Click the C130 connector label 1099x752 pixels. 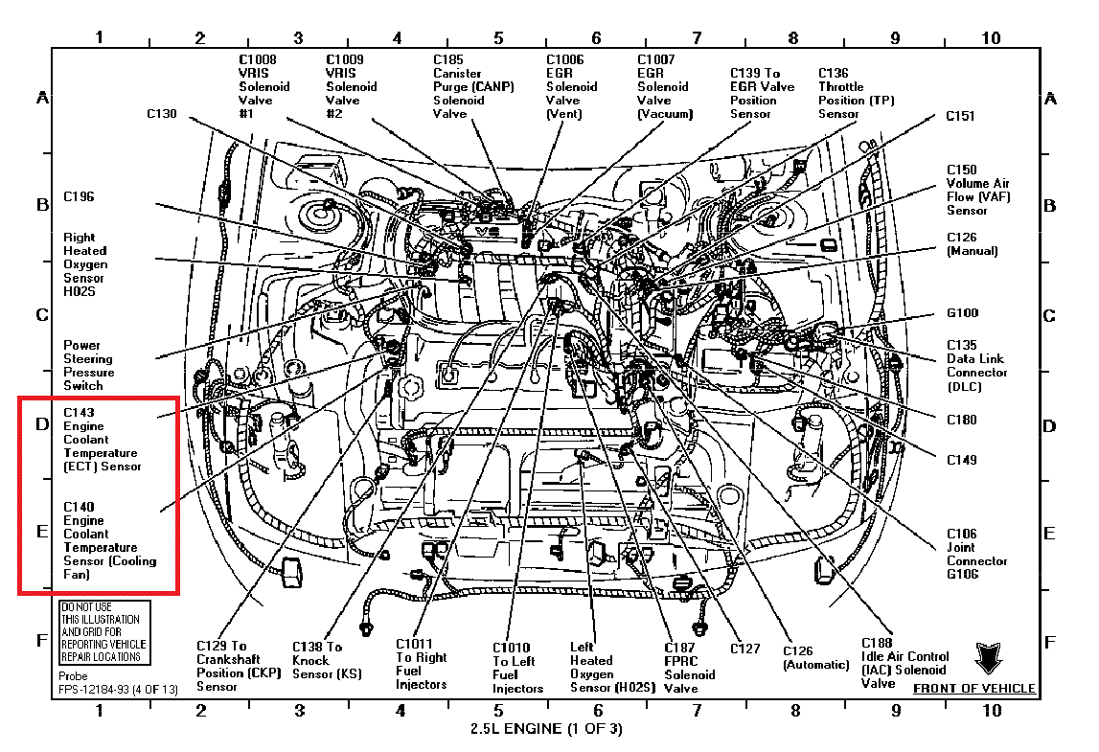[162, 114]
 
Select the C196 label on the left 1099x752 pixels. [79, 197]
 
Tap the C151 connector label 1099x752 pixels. [960, 116]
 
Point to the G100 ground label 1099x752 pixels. [962, 313]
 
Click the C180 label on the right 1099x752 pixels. [961, 420]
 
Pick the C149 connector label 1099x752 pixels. [961, 460]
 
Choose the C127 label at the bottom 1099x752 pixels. [744, 649]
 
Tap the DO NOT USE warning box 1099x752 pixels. [102, 632]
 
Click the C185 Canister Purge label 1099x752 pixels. [472, 86]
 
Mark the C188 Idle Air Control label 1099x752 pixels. [904, 663]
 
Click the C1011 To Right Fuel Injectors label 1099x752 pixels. [422, 664]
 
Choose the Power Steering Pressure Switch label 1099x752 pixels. [89, 365]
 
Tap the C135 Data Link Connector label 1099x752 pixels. [976, 365]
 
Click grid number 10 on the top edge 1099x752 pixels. [991, 38]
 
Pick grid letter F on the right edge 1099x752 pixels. [1050, 641]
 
